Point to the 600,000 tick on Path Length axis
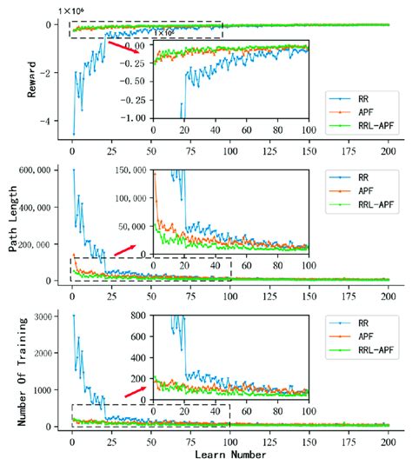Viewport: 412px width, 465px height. (x=45, y=170)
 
